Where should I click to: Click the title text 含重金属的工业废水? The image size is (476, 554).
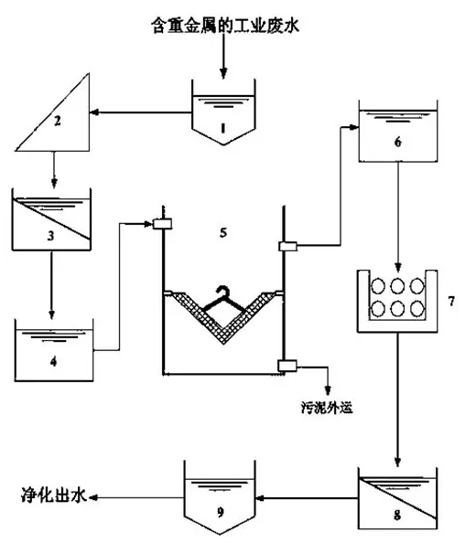pyautogui.click(x=225, y=26)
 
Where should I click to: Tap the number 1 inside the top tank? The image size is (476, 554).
pyautogui.click(x=222, y=128)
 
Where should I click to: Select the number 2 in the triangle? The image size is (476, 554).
pyautogui.click(x=57, y=121)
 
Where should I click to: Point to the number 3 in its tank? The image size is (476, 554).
pyautogui.click(x=51, y=236)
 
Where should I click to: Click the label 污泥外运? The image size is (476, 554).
pyautogui.click(x=327, y=408)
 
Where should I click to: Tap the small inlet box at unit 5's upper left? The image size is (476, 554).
pyautogui.click(x=162, y=224)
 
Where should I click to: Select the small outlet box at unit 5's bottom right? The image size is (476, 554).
pyautogui.click(x=287, y=366)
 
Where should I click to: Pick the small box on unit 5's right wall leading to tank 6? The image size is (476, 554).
pyautogui.click(x=288, y=246)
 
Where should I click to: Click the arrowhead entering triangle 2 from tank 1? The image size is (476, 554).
pyautogui.click(x=93, y=112)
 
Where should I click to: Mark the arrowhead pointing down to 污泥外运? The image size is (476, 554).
pyautogui.click(x=328, y=390)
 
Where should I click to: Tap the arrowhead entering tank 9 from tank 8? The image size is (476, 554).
pyautogui.click(x=260, y=498)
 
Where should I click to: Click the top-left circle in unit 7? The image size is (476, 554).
pyautogui.click(x=378, y=286)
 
